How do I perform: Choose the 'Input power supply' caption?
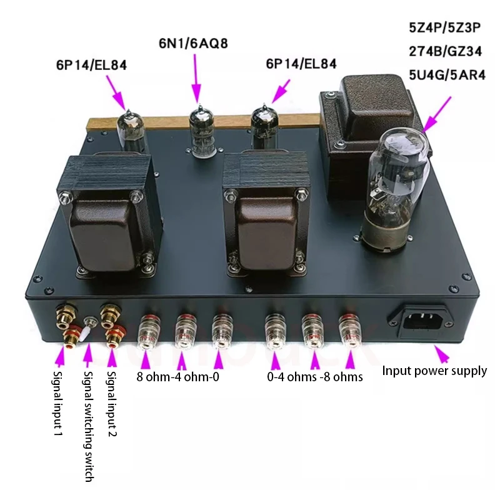click(434, 371)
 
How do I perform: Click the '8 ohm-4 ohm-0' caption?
click(178, 377)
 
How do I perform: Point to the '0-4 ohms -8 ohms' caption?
click(314, 377)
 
